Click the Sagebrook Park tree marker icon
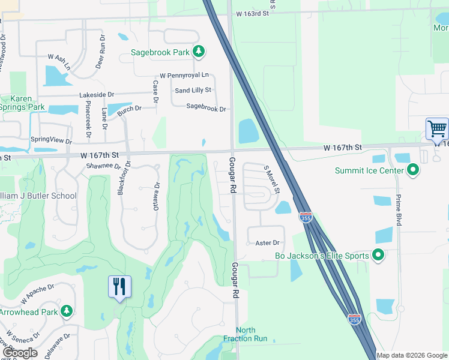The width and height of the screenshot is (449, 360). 199,52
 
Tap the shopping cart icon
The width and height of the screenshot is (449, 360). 437,128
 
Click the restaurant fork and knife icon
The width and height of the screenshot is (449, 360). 119,286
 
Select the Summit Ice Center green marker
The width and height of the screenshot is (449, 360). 412,171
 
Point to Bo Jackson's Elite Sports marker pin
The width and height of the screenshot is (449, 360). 378,256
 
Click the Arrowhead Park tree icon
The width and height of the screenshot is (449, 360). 67,311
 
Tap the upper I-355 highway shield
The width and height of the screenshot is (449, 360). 306,217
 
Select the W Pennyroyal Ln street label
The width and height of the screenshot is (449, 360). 184,76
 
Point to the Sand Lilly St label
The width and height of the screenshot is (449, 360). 193,91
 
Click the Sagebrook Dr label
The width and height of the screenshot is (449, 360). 206,109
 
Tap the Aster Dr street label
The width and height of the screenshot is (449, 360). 268,243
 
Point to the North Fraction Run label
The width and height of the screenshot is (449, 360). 246,334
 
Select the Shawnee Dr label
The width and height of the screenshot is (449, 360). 104,166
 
